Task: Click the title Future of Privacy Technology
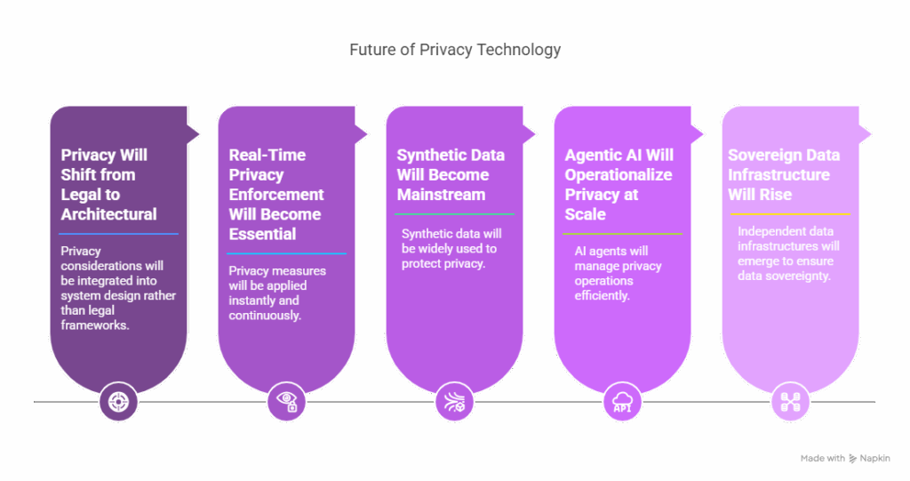pyautogui.click(x=455, y=50)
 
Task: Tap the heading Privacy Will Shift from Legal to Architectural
pyautogui.click(x=109, y=184)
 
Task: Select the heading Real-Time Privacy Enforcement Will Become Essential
pyautogui.click(x=276, y=194)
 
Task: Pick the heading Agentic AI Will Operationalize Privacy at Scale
pyautogui.click(x=619, y=184)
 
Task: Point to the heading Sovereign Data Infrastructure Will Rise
pyautogui.click(x=784, y=174)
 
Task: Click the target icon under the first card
pyautogui.click(x=117, y=402)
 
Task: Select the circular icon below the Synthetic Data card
pyautogui.click(x=453, y=402)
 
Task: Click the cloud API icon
pyautogui.click(x=621, y=402)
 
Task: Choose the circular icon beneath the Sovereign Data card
pyautogui.click(x=789, y=402)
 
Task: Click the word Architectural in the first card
pyautogui.click(x=109, y=214)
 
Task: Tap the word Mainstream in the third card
pyautogui.click(x=442, y=194)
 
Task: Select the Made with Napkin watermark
pyautogui.click(x=846, y=459)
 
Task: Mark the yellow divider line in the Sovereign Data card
pyautogui.click(x=789, y=214)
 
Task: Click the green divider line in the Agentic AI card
pyautogui.click(x=622, y=234)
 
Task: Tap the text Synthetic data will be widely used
pyautogui.click(x=449, y=248)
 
